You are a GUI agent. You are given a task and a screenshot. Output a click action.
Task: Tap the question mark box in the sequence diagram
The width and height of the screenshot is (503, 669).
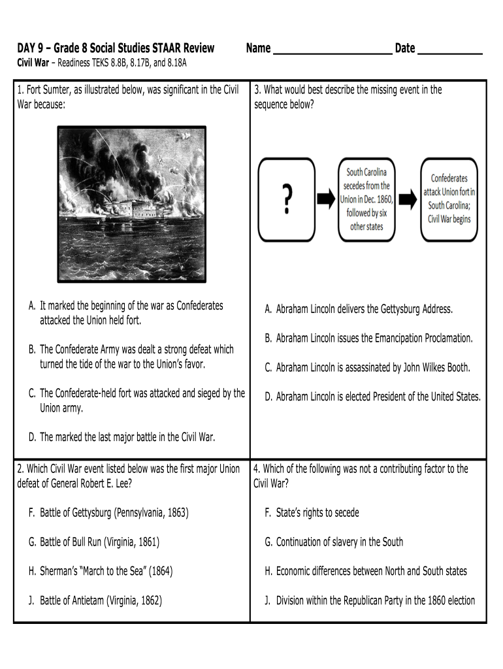pyautogui.click(x=286, y=198)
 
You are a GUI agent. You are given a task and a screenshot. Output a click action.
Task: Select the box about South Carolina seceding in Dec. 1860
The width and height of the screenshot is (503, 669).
pyautogui.click(x=366, y=199)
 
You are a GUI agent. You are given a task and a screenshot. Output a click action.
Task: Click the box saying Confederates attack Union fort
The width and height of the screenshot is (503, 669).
pyautogui.click(x=449, y=199)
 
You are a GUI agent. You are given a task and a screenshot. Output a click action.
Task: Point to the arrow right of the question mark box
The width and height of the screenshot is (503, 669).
pyautogui.click(x=325, y=199)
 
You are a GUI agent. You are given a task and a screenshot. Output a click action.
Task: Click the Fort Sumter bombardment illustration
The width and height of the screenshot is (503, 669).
pyautogui.click(x=132, y=204)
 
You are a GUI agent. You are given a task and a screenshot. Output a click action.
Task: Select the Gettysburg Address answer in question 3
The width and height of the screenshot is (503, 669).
pyautogui.click(x=364, y=309)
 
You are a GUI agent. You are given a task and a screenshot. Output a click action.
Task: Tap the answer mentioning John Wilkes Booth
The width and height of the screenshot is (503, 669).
pyautogui.click(x=372, y=367)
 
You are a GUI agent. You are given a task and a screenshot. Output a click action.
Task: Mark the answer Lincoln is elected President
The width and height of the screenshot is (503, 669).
pyautogui.click(x=378, y=397)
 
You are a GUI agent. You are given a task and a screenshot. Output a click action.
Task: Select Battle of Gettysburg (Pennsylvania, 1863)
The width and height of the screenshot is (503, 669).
pyautogui.click(x=114, y=513)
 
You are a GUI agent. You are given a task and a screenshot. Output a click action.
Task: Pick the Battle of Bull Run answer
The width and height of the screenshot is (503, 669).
pyautogui.click(x=99, y=542)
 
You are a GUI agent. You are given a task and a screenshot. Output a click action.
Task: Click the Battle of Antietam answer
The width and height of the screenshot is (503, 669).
pyautogui.click(x=101, y=600)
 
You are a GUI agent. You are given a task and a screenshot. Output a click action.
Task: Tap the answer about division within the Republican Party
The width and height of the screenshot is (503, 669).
pyautogui.click(x=375, y=600)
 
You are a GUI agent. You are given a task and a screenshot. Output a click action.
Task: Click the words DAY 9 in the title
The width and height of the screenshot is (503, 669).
pyautogui.click(x=31, y=48)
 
